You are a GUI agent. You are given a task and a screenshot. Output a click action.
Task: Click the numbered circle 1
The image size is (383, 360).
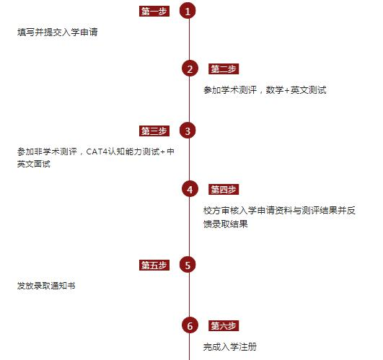tap(188, 11)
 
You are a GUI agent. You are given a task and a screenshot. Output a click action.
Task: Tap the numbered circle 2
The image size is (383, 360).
tap(190, 69)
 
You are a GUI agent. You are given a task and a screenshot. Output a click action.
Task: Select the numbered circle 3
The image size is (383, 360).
tap(188, 131)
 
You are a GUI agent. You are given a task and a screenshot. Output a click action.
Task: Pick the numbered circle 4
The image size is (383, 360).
tap(190, 189)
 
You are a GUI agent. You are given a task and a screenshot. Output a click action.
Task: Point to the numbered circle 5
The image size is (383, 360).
tap(188, 265)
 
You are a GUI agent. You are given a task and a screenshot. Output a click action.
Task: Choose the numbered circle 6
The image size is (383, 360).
tap(190, 325)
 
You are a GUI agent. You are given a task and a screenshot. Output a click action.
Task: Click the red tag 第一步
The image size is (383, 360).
tap(154, 12)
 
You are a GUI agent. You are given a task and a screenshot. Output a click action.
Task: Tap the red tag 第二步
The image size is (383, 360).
tap(224, 69)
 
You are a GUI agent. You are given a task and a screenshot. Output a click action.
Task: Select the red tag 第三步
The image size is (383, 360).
tap(154, 131)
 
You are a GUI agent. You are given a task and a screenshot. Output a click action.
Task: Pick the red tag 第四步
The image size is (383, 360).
tap(224, 189)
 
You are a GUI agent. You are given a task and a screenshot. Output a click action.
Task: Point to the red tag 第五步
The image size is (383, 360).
tap(154, 265)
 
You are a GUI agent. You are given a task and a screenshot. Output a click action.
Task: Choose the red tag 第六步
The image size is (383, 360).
tap(224, 325)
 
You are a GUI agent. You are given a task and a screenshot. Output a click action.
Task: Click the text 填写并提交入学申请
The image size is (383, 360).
tap(58, 32)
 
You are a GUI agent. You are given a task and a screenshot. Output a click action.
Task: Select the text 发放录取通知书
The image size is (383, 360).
tap(46, 286)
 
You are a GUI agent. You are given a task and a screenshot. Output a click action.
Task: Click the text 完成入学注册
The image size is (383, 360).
tap(230, 346)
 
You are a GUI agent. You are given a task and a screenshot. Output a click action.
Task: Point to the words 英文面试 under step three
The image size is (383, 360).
tap(34, 164)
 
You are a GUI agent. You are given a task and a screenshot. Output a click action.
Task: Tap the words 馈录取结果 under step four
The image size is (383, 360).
tap(226, 224)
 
